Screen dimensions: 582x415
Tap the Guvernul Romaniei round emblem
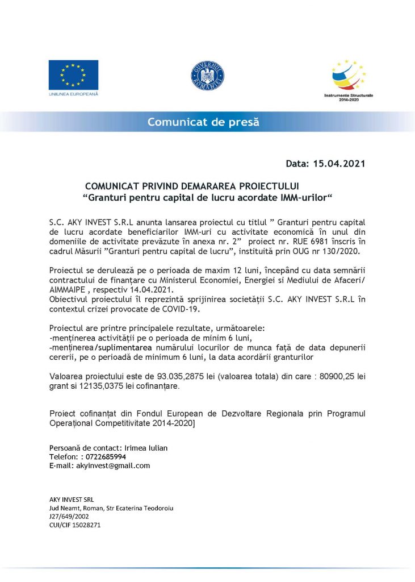[208, 76]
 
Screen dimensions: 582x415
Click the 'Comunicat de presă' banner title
[203, 122]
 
